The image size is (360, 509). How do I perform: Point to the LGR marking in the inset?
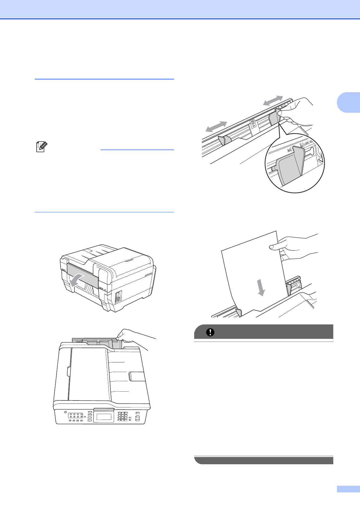point(306,144)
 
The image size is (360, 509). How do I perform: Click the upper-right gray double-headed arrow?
point(273,101)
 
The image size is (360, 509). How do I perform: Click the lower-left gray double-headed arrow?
point(216,126)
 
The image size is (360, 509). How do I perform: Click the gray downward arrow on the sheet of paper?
point(260,287)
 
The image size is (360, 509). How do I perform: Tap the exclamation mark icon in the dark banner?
point(210,332)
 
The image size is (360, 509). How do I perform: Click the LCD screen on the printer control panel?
point(103,417)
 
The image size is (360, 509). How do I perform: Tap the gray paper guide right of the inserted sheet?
point(289,289)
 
